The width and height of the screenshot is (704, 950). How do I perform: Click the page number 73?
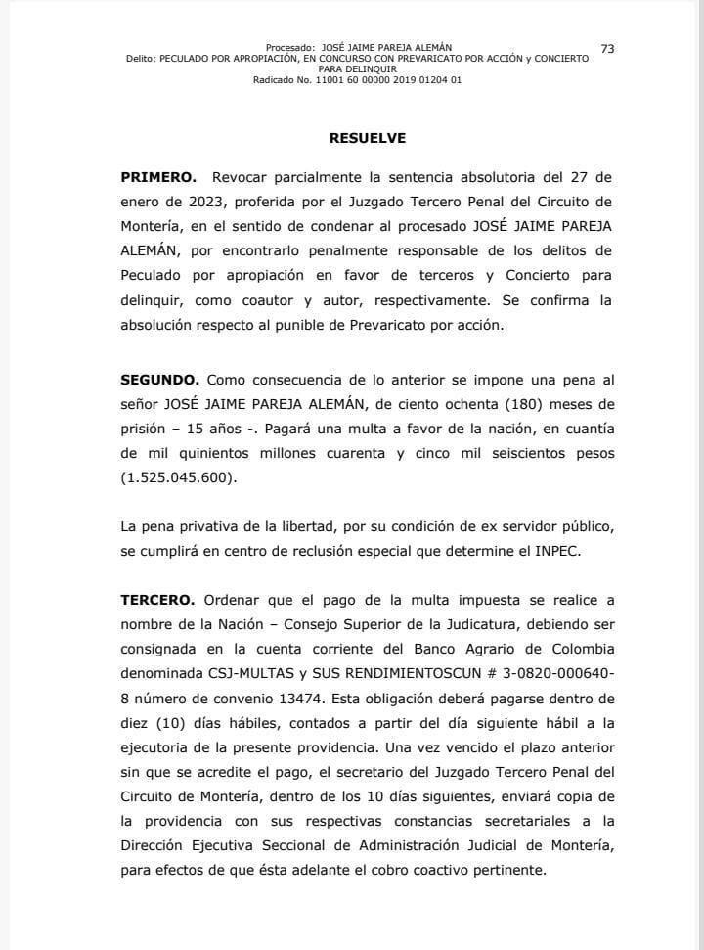pyautogui.click(x=607, y=49)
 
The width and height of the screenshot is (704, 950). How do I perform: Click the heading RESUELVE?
pyautogui.click(x=367, y=138)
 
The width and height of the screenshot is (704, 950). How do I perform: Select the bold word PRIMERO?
pyautogui.click(x=158, y=179)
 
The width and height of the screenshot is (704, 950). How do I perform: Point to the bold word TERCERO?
pyautogui.click(x=158, y=599)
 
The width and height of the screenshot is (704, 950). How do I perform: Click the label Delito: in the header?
pyautogui.click(x=141, y=59)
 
